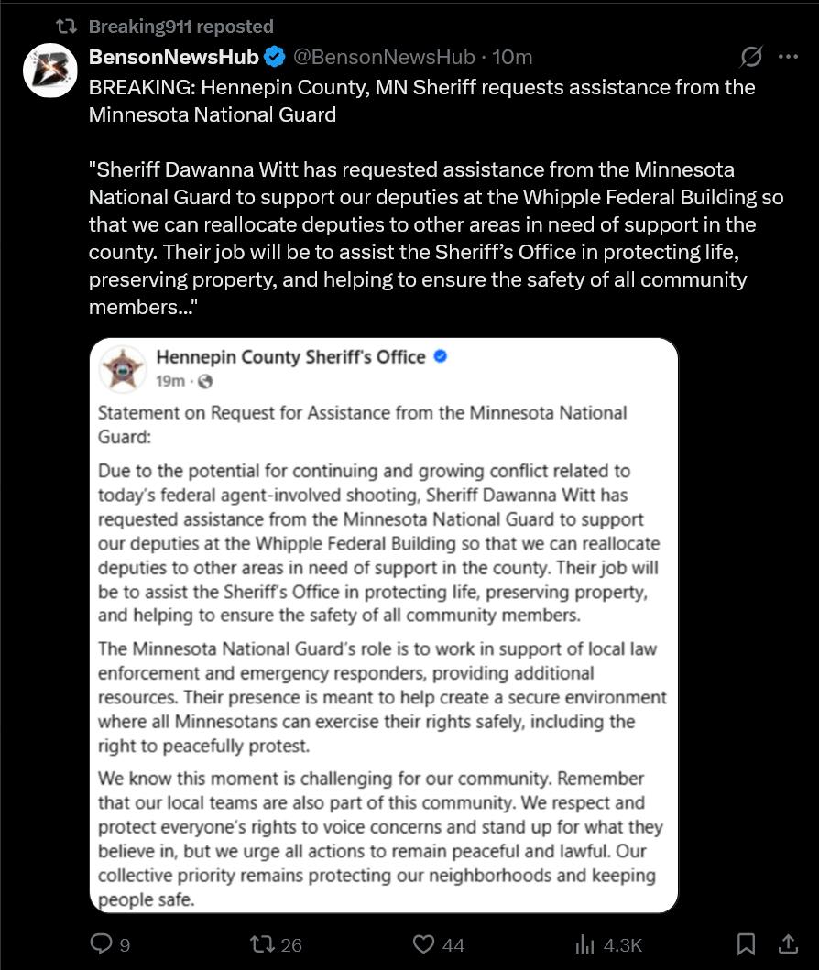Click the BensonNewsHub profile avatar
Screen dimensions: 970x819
49,69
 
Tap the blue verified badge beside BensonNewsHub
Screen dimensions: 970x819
275,58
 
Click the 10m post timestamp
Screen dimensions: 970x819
512,58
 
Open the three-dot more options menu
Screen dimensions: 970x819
788,57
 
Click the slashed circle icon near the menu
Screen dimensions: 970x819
750,57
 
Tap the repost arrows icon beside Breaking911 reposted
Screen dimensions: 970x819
67,27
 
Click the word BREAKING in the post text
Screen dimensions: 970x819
137,87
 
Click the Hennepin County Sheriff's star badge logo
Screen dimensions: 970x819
123,368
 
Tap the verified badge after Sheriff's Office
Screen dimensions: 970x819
440,356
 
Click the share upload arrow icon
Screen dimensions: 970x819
787,943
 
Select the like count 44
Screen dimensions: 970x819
453,945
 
